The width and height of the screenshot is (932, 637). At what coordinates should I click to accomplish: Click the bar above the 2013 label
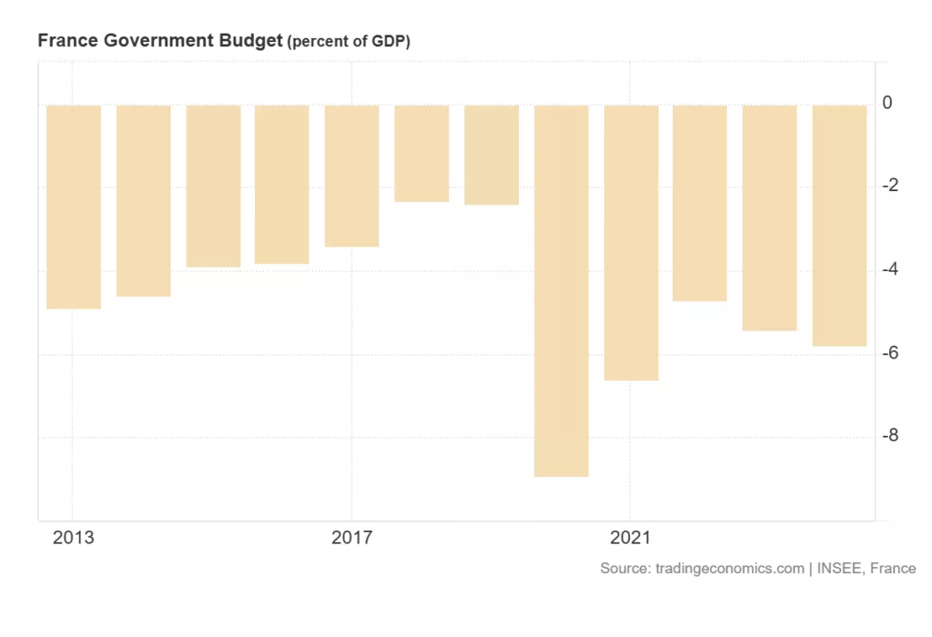tap(74, 207)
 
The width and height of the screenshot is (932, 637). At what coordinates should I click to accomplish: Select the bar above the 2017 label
tap(351, 176)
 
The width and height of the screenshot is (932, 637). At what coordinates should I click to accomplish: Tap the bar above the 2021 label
tap(631, 242)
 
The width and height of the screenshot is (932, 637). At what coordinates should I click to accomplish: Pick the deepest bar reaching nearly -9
tap(561, 290)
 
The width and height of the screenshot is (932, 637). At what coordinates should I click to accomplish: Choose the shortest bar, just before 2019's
tap(421, 153)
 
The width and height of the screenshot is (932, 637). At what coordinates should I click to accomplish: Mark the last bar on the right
tap(839, 226)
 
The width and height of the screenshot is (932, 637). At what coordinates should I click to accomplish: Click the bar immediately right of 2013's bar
tap(144, 200)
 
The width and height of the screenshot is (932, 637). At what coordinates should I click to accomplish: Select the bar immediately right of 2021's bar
tap(700, 203)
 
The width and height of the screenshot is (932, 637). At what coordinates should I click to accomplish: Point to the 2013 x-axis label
tap(73, 538)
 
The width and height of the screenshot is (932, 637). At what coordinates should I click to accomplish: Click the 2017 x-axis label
tap(351, 538)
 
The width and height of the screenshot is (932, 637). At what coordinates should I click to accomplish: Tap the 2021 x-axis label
tap(630, 538)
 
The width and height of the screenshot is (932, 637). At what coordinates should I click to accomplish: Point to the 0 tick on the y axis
tap(887, 104)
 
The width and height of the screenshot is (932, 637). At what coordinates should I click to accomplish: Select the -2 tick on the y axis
tap(890, 187)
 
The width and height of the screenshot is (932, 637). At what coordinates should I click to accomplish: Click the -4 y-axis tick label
tap(890, 269)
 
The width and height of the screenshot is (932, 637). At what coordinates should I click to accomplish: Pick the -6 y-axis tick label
tap(890, 352)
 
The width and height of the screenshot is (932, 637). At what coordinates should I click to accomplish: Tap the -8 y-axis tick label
tap(890, 436)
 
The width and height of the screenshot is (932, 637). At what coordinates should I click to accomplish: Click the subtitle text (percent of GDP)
tap(349, 43)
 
